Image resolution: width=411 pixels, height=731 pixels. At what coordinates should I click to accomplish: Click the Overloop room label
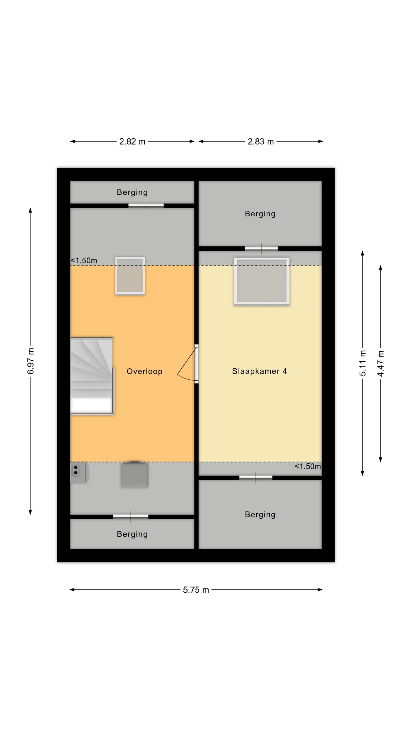pos(144,371)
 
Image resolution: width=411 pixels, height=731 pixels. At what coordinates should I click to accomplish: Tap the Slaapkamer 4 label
pos(260,371)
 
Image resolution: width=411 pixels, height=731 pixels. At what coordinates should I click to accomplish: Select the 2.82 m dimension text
pos(132,141)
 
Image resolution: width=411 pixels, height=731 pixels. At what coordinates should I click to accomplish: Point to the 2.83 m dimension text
pos(261,141)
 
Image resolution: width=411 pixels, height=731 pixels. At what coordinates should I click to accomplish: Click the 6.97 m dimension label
pos(31,361)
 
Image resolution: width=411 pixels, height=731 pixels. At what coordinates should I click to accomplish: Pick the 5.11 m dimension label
pos(363,363)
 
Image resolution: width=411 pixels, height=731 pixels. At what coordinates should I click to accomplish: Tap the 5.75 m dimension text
pos(196,590)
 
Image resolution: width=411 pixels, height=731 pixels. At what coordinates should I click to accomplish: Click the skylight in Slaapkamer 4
pos(262,281)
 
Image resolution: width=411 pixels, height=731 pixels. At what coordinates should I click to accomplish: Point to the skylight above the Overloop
pos(130,276)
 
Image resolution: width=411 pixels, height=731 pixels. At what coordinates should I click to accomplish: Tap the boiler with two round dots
pos(79,472)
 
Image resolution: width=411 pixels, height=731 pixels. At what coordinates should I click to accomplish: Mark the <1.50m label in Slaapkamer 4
pos(308,466)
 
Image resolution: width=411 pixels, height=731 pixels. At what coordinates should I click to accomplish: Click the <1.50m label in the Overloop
pos(84,260)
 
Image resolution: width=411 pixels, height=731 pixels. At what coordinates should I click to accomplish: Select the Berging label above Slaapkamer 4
pos(260,214)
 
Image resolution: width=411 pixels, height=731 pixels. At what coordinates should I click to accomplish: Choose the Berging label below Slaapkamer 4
pos(260,514)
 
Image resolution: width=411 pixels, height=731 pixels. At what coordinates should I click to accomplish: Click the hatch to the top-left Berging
pos(146,206)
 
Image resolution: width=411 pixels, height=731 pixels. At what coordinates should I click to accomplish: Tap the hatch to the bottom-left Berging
pos(131,517)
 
